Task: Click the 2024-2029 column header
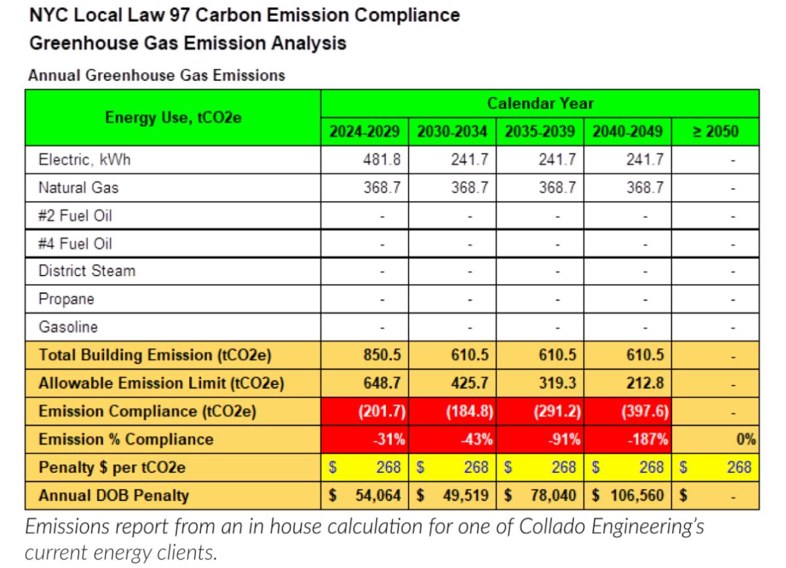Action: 364,131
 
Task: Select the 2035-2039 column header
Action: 540,131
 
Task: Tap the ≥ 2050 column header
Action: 715,131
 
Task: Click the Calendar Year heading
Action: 540,104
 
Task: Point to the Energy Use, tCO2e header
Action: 173,117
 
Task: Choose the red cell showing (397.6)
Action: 642,411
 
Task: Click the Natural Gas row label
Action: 79,188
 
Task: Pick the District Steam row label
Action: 86,271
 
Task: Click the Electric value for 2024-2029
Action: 381,159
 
